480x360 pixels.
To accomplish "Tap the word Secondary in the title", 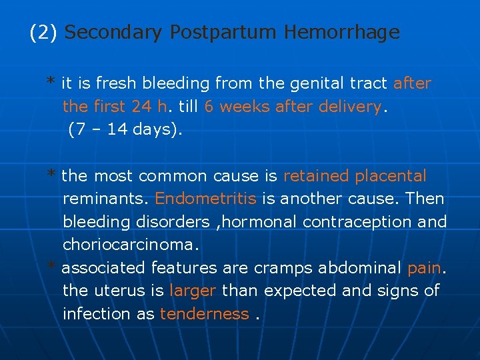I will tap(114, 32).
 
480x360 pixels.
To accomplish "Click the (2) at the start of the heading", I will tap(45, 32).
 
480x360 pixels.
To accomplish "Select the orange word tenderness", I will tap(204, 314).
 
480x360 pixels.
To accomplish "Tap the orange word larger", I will tap(193, 291).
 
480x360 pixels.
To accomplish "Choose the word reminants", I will tap(106, 199).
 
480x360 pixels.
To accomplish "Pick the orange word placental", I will tap(391, 176).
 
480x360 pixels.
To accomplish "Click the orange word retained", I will tap(316, 176).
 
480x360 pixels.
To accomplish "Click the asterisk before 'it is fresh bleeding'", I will tap(51, 82).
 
